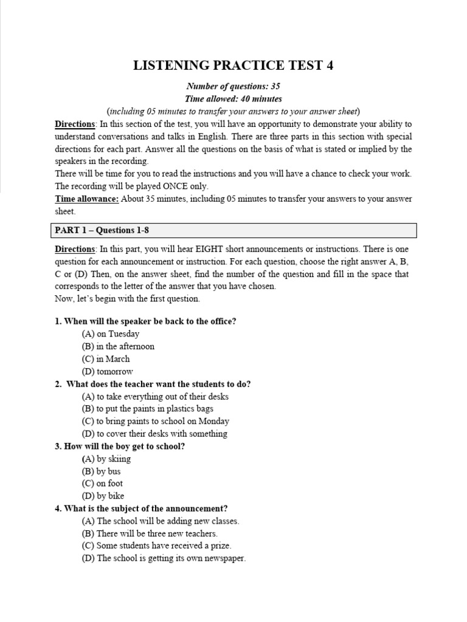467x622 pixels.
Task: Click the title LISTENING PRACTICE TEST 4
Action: point(233,66)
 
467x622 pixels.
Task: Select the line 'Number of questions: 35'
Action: point(233,86)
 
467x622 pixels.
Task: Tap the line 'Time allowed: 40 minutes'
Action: point(233,98)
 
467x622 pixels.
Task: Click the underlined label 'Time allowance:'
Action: point(86,199)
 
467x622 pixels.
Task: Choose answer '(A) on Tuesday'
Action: point(111,333)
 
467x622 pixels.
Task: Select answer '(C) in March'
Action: point(106,358)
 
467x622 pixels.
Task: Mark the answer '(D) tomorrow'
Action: point(107,371)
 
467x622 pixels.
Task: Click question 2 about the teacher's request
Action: point(153,384)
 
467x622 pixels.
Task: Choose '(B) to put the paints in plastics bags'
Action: point(148,409)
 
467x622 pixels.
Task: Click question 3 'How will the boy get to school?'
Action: point(120,446)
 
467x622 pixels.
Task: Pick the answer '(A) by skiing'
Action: point(106,459)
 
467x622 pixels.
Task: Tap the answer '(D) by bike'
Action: point(103,496)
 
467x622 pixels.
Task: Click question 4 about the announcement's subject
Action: point(141,508)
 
